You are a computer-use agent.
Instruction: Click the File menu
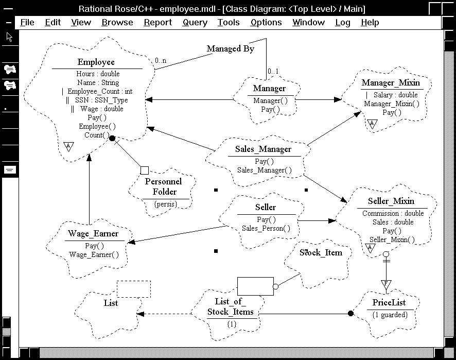click(27, 23)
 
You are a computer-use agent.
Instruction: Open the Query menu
click(195, 23)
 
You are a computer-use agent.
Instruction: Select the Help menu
click(370, 23)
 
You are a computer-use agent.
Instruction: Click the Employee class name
click(96, 62)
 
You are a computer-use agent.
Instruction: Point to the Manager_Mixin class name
click(391, 83)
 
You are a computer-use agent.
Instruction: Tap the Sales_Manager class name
click(263, 149)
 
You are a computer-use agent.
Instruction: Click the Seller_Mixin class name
click(391, 201)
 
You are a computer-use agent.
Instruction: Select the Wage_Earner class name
click(93, 234)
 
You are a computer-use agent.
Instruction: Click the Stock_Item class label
click(321, 252)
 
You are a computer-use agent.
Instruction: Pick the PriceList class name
click(389, 303)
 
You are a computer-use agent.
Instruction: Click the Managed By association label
click(231, 49)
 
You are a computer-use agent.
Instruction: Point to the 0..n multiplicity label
click(160, 61)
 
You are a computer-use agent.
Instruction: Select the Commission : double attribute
click(393, 213)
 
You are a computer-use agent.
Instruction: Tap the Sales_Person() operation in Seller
click(266, 228)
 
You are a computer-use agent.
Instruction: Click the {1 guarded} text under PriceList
click(390, 315)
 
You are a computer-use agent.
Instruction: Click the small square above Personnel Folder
click(144, 170)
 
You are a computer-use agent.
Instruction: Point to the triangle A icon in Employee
click(68, 147)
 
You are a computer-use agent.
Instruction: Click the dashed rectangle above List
click(134, 289)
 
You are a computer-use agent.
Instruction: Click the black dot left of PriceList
click(350, 313)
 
